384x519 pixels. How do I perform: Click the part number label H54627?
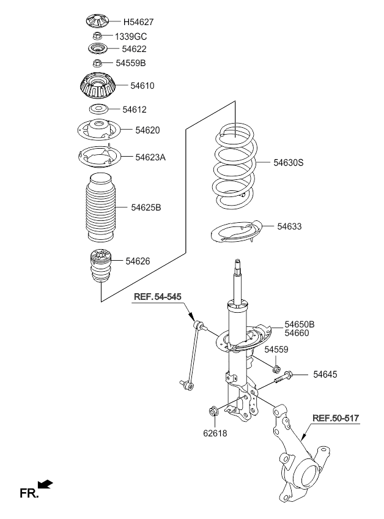click(x=138, y=22)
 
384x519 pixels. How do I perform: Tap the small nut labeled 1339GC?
click(x=98, y=35)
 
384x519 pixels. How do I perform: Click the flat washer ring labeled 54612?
click(x=98, y=108)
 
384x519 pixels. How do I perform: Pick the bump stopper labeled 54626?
click(x=101, y=266)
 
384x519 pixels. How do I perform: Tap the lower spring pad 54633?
click(x=237, y=233)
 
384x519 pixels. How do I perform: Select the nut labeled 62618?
click(x=213, y=411)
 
